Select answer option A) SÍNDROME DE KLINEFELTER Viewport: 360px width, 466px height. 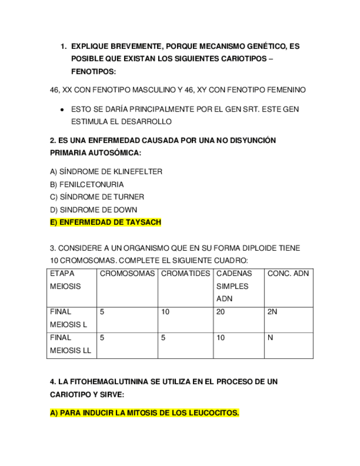pos(106,171)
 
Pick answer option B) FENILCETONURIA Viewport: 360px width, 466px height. pos(87,184)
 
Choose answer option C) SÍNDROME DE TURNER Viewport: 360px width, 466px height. pos(97,197)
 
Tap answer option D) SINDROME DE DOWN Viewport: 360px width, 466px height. pos(93,209)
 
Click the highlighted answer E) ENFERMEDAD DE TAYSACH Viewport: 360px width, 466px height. pos(106,223)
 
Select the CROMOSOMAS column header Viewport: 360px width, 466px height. pos(128,273)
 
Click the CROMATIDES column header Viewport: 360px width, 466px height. pos(186,273)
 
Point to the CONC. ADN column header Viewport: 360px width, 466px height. pos(288,273)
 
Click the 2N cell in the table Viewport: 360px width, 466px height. pos(272,312)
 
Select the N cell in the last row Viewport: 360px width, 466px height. pos(270,338)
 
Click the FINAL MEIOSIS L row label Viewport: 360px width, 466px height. pos(69,318)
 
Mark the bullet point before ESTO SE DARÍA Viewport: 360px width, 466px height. pos(63,110)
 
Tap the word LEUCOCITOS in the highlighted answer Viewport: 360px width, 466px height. pos(213,413)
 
